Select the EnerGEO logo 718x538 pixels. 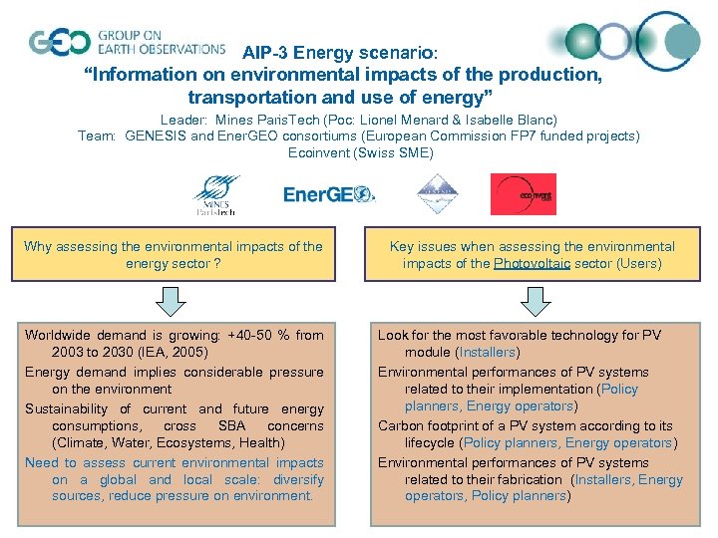click(329, 194)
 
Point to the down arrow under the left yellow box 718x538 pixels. click(172, 301)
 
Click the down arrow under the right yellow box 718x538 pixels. click(531, 301)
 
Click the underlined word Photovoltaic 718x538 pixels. click(532, 264)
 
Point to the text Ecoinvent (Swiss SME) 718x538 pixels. click(360, 153)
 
